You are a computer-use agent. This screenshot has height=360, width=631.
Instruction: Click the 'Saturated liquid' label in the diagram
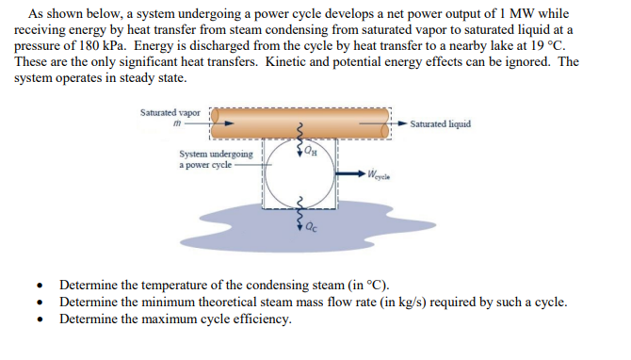[441, 123]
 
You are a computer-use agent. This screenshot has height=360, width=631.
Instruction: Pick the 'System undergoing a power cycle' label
[215, 158]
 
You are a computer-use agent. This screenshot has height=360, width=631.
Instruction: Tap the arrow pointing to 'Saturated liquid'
[399, 123]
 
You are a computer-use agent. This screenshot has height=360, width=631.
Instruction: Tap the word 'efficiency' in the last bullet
[260, 318]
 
